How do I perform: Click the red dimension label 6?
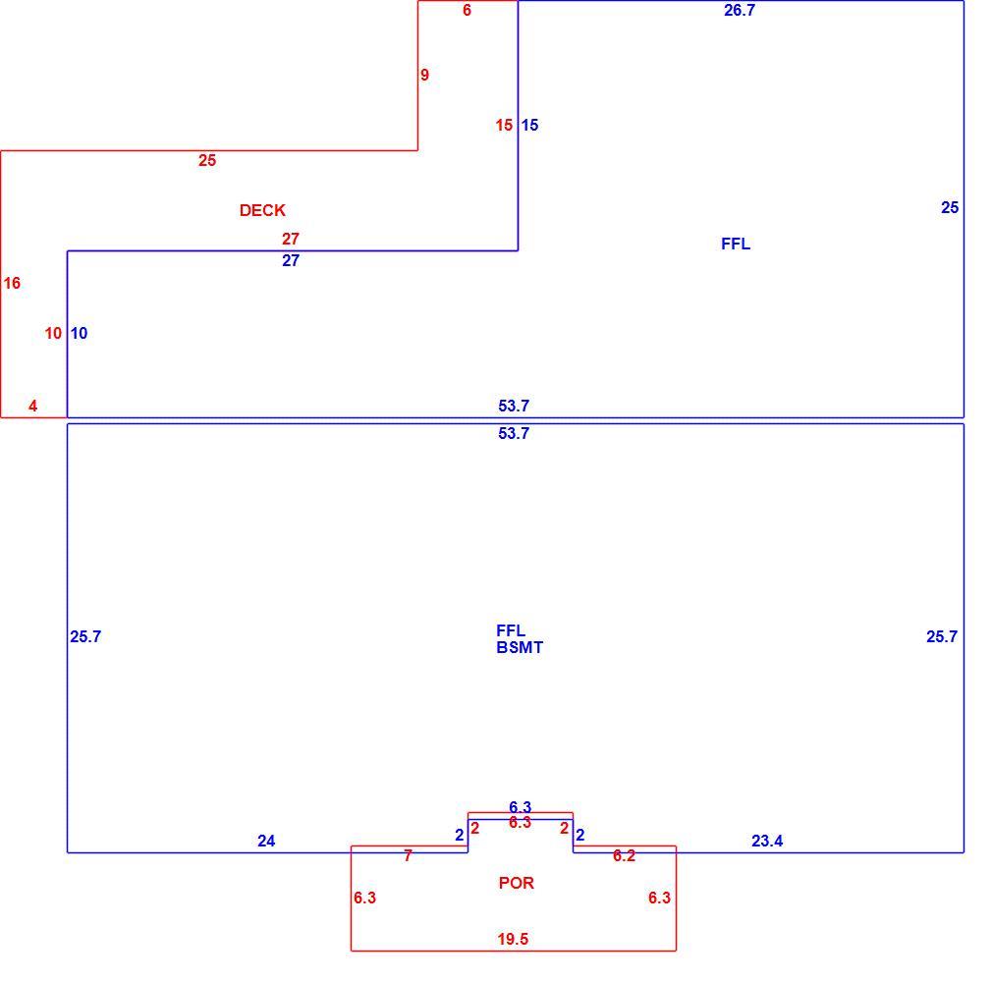pyautogui.click(x=467, y=10)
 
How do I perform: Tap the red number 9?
pyautogui.click(x=424, y=76)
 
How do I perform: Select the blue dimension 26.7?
pyautogui.click(x=740, y=10)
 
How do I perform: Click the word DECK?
pyautogui.click(x=262, y=210)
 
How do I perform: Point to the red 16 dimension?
pyautogui.click(x=12, y=284)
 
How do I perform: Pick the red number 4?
pyautogui.click(x=32, y=407)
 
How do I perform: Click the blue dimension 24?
pyautogui.click(x=266, y=842)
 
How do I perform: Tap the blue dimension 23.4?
pyautogui.click(x=767, y=842)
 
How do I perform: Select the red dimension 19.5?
pyautogui.click(x=513, y=939)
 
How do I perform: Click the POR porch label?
pyautogui.click(x=517, y=883)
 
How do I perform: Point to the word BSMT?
pyautogui.click(x=520, y=648)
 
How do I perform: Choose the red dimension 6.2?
pyautogui.click(x=624, y=855)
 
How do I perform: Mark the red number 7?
pyautogui.click(x=408, y=855)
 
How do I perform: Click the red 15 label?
pyautogui.click(x=504, y=126)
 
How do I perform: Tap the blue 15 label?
pyautogui.click(x=529, y=126)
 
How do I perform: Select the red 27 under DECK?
pyautogui.click(x=291, y=239)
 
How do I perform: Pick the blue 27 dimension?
pyautogui.click(x=291, y=260)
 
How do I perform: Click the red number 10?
pyautogui.click(x=53, y=333)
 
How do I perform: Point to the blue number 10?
pyautogui.click(x=80, y=333)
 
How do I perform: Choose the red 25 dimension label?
pyautogui.click(x=207, y=161)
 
